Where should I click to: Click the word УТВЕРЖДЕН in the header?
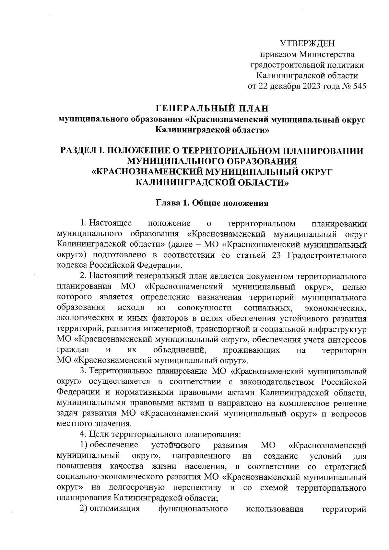(307, 43)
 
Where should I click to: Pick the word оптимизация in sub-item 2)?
(114, 509)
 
